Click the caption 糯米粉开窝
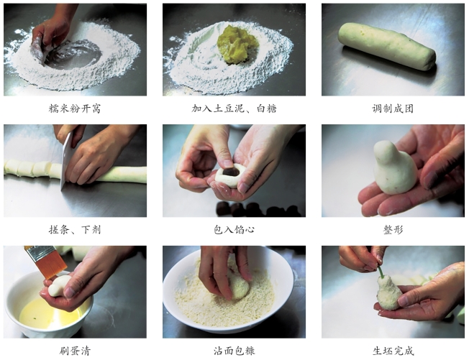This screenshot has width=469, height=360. click(x=75, y=109)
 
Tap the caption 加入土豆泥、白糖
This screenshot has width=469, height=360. click(x=234, y=109)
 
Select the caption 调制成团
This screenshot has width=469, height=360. click(x=393, y=109)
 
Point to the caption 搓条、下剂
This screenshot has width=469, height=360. click(x=75, y=229)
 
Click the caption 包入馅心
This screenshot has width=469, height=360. click(x=234, y=229)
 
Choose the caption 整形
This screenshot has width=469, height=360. click(x=393, y=229)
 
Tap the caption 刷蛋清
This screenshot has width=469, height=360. click(x=75, y=351)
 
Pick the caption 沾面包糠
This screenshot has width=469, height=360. click(x=234, y=351)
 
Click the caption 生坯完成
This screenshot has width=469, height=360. click(x=393, y=351)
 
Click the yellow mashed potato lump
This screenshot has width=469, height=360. click(x=234, y=45)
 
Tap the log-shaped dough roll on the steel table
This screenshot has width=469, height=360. click(x=387, y=47)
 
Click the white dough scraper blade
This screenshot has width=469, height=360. click(x=67, y=160)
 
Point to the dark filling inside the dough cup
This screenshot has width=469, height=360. click(x=231, y=172)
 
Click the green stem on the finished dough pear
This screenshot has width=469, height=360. click(x=381, y=272)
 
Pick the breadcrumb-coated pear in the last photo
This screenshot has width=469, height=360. click(x=389, y=292)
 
